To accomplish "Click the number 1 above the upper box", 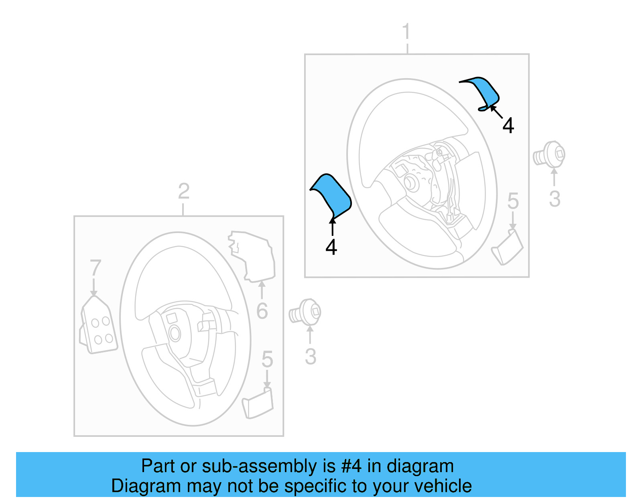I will [x=406, y=32].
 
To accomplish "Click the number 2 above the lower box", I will [x=183, y=191].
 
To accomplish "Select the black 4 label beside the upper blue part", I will [x=508, y=126].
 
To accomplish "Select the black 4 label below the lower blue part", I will [x=331, y=247].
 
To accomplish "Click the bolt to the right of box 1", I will [x=550, y=154].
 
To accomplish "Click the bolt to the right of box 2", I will [x=306, y=312].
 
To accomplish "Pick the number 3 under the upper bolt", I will [x=554, y=199].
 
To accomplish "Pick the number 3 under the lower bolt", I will [x=310, y=357].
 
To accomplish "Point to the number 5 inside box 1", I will [x=513, y=201].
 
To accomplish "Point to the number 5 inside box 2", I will [x=267, y=359].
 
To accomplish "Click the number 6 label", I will [x=262, y=311].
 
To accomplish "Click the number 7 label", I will [x=95, y=268].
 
